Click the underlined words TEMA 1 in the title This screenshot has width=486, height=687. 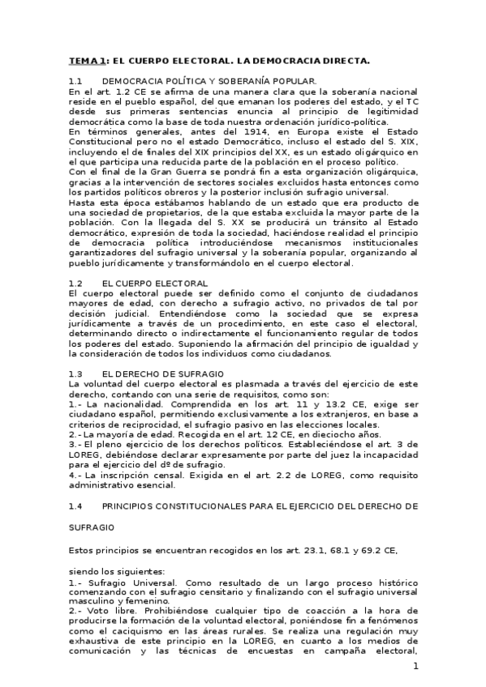[x=87, y=61]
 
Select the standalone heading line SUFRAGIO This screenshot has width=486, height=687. [x=92, y=527]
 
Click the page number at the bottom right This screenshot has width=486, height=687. [x=415, y=667]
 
